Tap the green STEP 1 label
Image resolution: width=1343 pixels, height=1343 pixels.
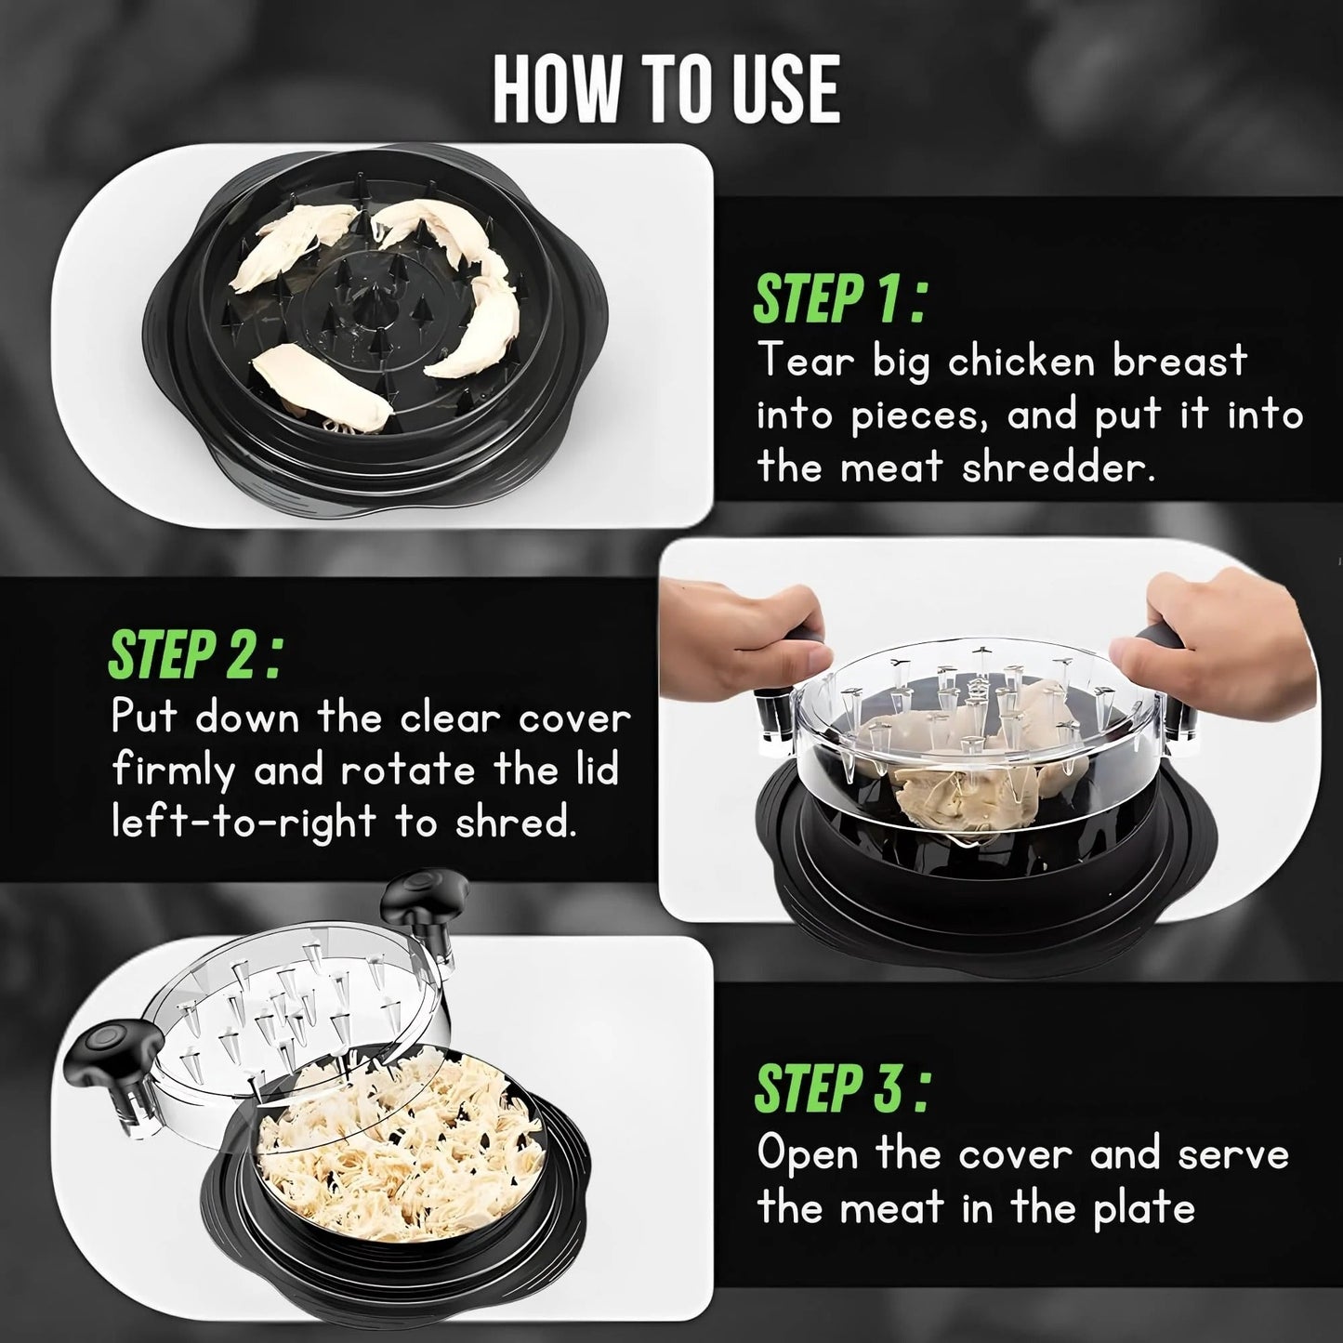839,297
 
